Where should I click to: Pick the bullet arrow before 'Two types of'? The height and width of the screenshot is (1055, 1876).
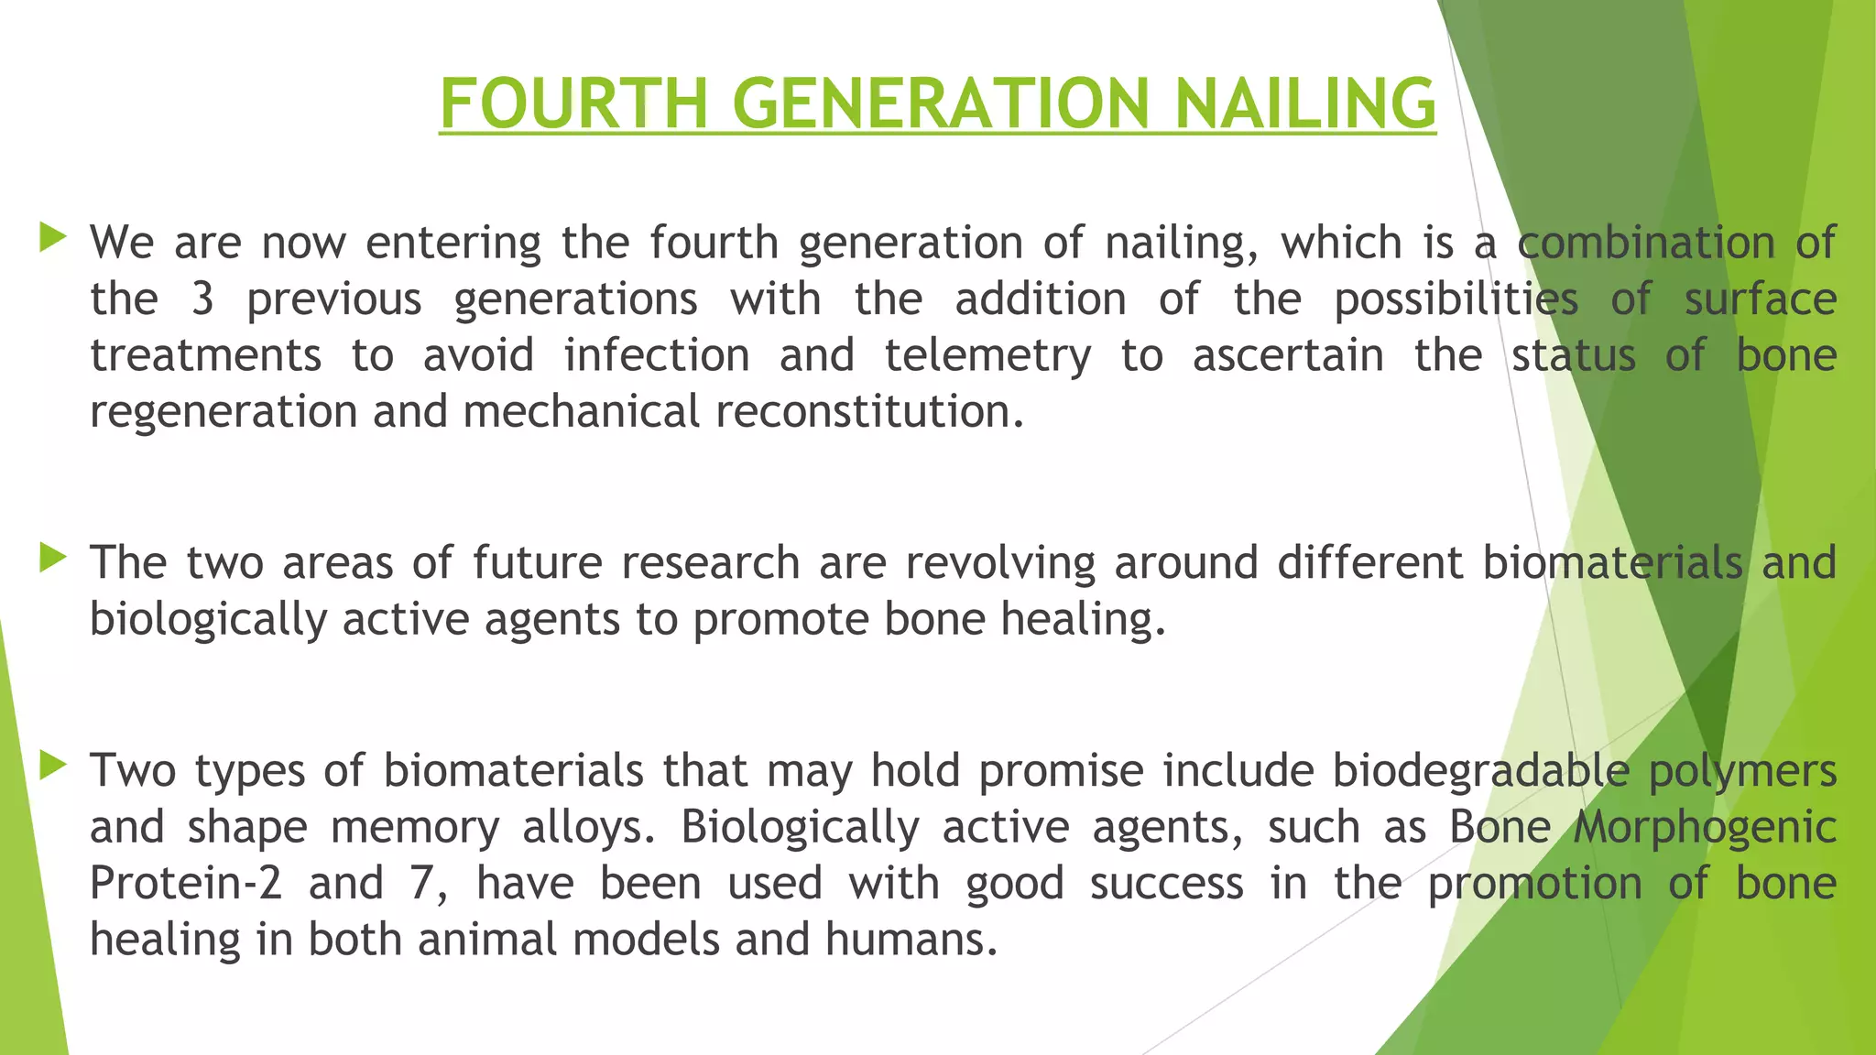point(54,765)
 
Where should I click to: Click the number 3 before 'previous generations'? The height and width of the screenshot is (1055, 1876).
point(202,299)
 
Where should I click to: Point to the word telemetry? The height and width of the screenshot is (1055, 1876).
point(987,355)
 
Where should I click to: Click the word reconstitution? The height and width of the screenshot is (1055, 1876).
point(868,412)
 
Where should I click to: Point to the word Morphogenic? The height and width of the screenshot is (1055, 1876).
point(1705,828)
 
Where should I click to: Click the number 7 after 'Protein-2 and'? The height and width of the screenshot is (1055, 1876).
point(420,884)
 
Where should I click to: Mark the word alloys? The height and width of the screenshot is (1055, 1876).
point(589,828)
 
